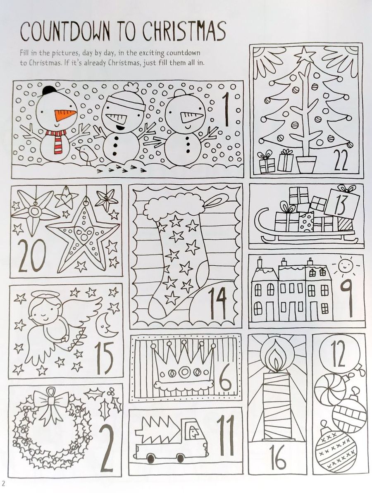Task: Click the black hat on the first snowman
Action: [49, 91]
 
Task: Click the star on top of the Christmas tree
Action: [305, 54]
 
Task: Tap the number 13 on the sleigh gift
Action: [342, 203]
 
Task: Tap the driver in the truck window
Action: [193, 433]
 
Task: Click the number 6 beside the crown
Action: [226, 377]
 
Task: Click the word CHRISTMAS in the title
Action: [184, 32]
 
